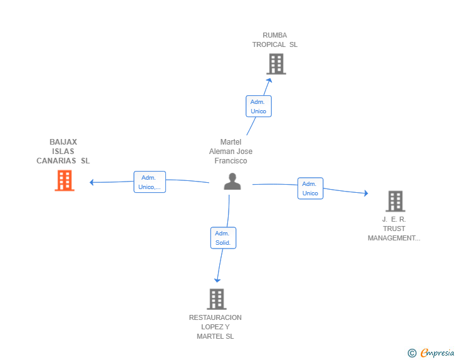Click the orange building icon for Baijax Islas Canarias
pos(65,180)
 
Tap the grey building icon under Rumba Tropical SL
pos(276,64)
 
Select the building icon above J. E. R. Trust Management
pos(395,201)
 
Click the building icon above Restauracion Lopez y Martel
pos(217,299)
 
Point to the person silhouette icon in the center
pos(232,182)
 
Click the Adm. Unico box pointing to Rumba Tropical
pos(259,106)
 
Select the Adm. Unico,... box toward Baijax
pos(150,182)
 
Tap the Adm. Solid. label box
pos(224,238)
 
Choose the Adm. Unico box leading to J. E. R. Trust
pos(310,188)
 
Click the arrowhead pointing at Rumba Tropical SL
pos(269,81)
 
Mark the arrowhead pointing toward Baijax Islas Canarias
pos(91,182)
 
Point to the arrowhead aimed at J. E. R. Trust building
pos(366,193)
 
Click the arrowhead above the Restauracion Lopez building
pos(217,280)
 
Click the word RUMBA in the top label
pos(275,35)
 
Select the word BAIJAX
pos(63,142)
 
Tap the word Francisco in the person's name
pos(231,161)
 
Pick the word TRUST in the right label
pos(394,229)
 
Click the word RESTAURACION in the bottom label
pos(215,317)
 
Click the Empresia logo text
pos(437,352)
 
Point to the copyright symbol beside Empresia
pos(412,353)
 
